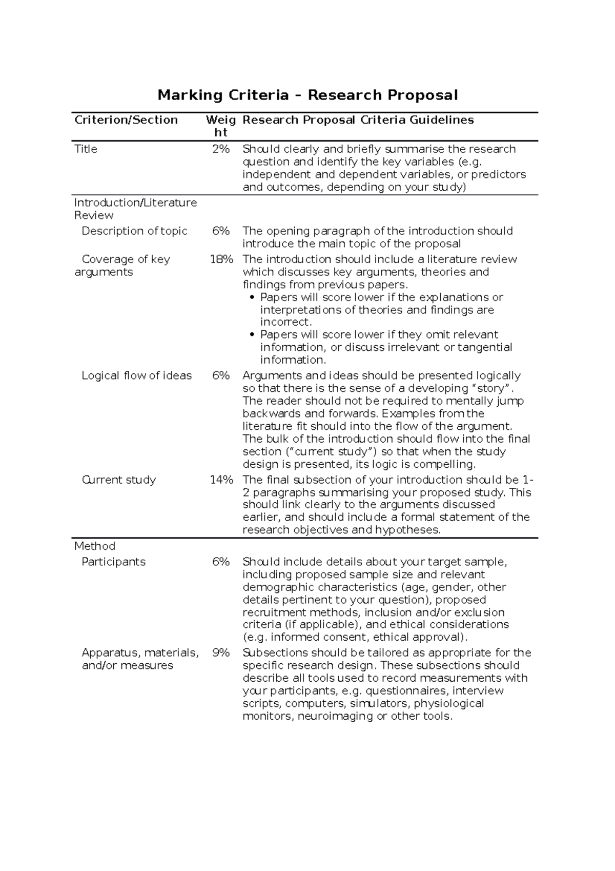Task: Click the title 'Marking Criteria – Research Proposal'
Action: pos(307,95)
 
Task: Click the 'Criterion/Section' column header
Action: pos(126,120)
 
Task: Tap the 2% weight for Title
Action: pos(221,149)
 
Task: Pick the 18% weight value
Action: pos(221,260)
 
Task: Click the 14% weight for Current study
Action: pos(221,480)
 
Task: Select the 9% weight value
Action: pos(221,653)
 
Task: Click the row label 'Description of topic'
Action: pos(134,231)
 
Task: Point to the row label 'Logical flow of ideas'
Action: pos(136,376)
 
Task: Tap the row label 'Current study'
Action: pos(118,480)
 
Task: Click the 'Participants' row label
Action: pos(113,562)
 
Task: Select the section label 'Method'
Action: pos(95,546)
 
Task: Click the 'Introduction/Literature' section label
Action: pos(135,203)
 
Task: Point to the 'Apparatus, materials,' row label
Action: pos(140,653)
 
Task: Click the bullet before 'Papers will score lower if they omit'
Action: pos(251,335)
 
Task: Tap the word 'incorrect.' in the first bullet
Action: pos(285,322)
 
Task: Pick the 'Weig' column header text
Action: pos(220,120)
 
